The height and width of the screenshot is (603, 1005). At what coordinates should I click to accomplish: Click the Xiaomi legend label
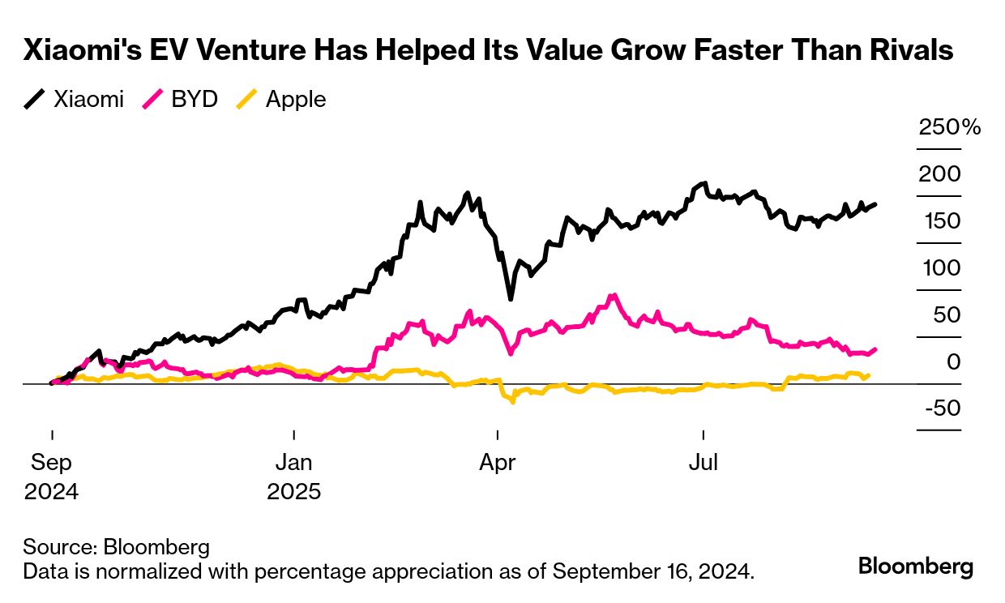pyautogui.click(x=88, y=100)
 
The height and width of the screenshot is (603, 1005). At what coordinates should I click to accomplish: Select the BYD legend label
pyautogui.click(x=195, y=100)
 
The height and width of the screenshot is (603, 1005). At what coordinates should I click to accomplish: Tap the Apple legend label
pyautogui.click(x=296, y=100)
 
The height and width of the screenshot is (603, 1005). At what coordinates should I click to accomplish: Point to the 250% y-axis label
pyautogui.click(x=949, y=127)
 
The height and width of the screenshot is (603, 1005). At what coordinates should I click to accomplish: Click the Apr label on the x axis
pyautogui.click(x=498, y=463)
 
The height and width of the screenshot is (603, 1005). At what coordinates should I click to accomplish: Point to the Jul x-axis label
pyautogui.click(x=703, y=463)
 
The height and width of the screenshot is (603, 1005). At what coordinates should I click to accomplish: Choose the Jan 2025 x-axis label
pyautogui.click(x=293, y=477)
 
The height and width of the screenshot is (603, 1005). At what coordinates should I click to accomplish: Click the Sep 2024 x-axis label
pyautogui.click(x=51, y=477)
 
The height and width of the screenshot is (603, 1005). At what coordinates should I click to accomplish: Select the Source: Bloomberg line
pyautogui.click(x=116, y=546)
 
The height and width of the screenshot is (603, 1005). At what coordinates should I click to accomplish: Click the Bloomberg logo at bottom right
pyautogui.click(x=916, y=566)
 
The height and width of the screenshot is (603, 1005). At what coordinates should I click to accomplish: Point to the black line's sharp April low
pyautogui.click(x=511, y=299)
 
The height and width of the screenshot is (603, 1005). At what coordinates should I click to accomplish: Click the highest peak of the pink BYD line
pyautogui.click(x=614, y=295)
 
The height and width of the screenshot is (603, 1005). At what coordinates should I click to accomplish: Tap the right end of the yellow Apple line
pyautogui.click(x=869, y=375)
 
